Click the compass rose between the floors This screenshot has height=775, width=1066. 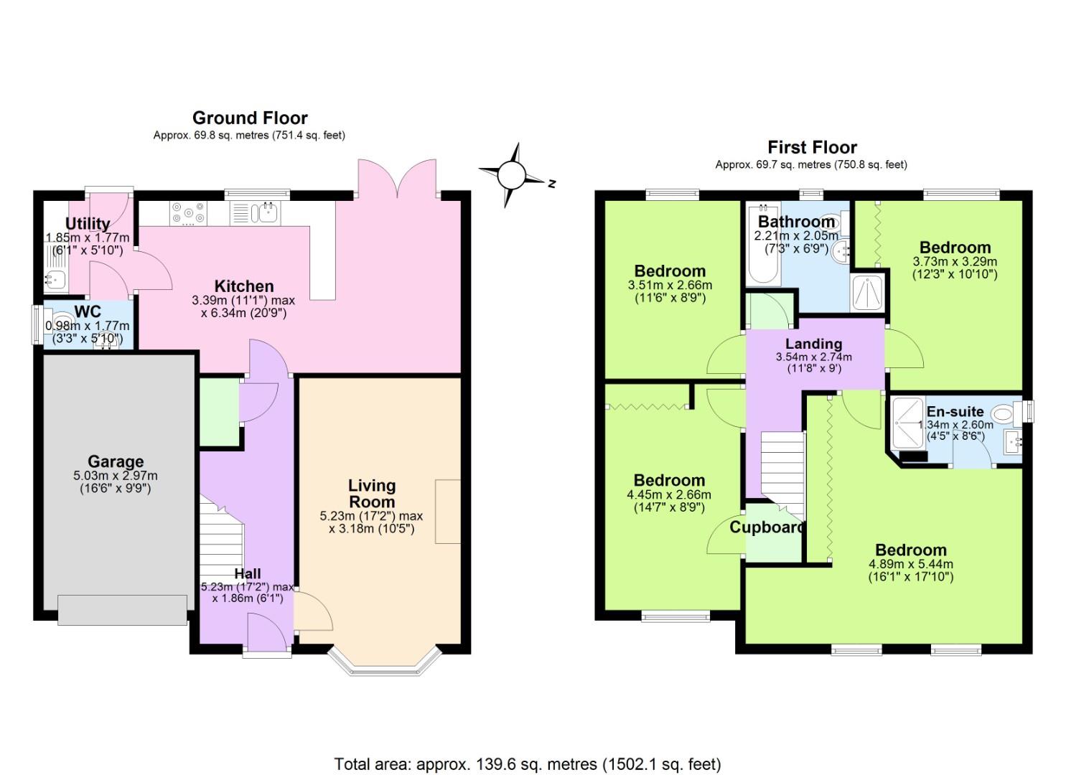511,174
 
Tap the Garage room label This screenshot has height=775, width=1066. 116,461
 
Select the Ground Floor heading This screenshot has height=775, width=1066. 250,118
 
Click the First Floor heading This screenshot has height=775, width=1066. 812,147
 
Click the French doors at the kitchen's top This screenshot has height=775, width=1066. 395,177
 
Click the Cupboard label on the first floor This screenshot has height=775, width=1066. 767,527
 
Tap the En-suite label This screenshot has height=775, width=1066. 955,412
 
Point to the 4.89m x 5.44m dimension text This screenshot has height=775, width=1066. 910,564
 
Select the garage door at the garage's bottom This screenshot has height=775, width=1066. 121,610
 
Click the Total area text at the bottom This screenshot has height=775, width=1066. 527,764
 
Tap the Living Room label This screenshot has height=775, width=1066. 372,494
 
